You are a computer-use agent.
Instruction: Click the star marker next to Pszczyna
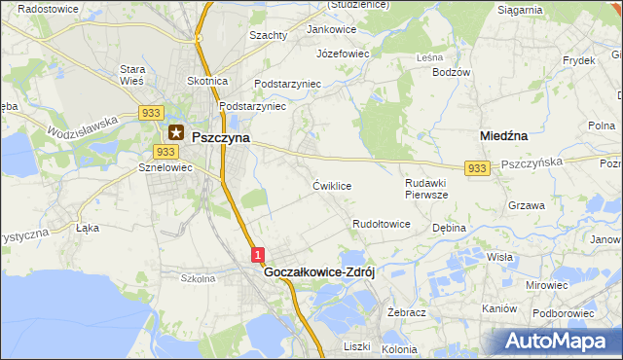(176, 132)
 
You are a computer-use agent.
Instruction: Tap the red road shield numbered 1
(258, 254)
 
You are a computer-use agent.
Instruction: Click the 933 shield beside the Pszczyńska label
(476, 169)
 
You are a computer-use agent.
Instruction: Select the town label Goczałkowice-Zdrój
(320, 273)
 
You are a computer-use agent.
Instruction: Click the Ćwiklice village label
(332, 185)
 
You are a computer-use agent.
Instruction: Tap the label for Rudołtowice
(382, 225)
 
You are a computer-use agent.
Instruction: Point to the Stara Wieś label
(132, 75)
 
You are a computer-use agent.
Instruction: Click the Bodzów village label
(452, 73)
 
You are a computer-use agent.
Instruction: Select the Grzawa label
(526, 206)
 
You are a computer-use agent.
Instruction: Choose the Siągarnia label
(520, 10)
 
